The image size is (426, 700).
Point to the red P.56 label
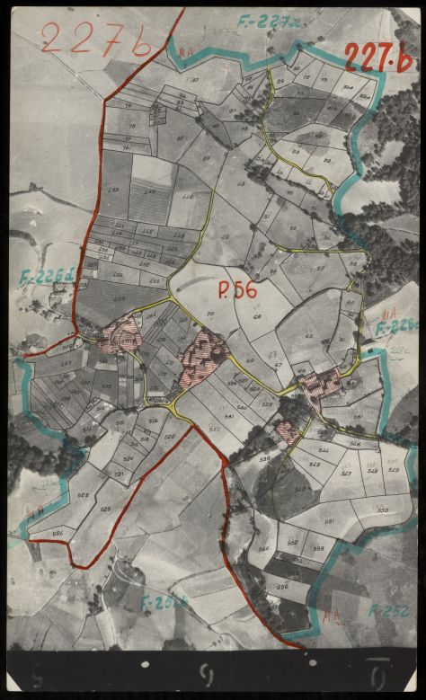click(237, 289)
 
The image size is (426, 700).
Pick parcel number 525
click(105, 509)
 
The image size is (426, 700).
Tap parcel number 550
click(382, 510)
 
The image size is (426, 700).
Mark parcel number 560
click(262, 548)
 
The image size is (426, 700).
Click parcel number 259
click(120, 297)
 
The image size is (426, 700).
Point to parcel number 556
click(282, 586)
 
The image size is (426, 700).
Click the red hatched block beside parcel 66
click(319, 384)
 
